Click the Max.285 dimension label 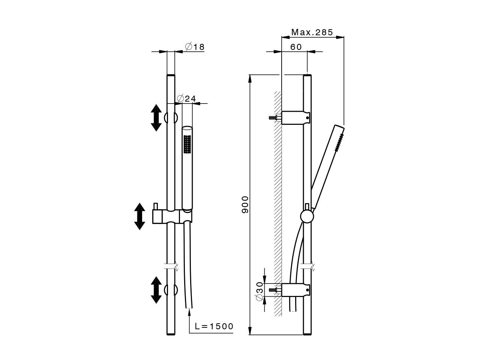pos(312,32)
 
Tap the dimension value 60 pos(296,47)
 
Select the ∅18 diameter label pos(195,46)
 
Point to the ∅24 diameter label pos(186,99)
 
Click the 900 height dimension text pos(245,205)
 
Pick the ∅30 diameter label pos(259,291)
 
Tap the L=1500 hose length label pos(214,326)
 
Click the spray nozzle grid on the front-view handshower pos(187,144)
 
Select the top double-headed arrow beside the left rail pos(156,118)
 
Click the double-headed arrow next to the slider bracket pos(139,216)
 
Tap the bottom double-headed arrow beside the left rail pos(156,290)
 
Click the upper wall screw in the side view pos(275,118)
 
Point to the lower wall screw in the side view pos(275,290)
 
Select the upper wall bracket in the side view pos(295,118)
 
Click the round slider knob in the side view pos(307,216)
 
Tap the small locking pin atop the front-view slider pos(156,206)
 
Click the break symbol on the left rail pos(171,266)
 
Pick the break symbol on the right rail pos(307,266)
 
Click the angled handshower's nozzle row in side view pos(339,143)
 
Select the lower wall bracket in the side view pos(295,290)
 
